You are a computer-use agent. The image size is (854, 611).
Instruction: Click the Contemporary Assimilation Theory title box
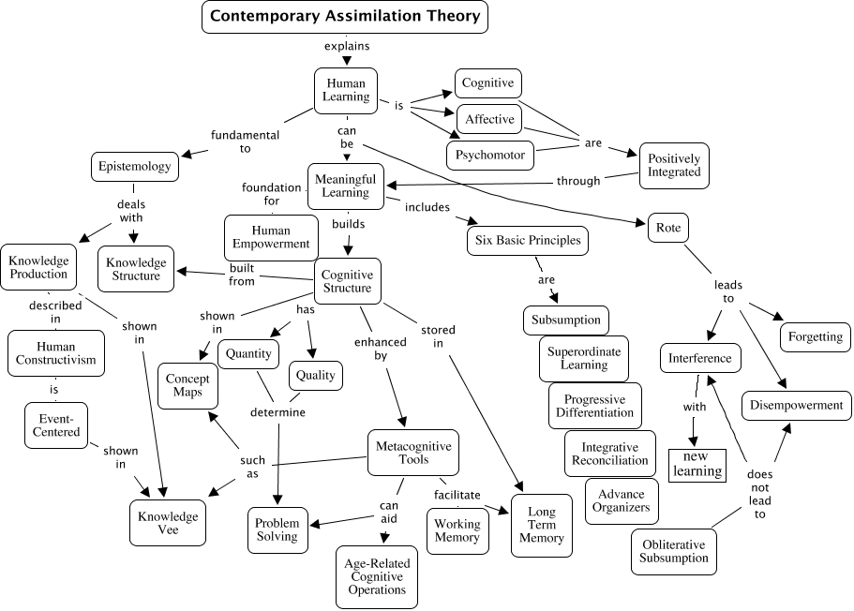point(345,16)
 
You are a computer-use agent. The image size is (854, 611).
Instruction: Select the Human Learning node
point(346,90)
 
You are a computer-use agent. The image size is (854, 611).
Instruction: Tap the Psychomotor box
point(490,155)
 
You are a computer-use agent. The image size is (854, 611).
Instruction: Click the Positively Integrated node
point(674,165)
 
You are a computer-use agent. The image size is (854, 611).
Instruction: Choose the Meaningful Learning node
point(344,186)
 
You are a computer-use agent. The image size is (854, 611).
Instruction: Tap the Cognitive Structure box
point(347,281)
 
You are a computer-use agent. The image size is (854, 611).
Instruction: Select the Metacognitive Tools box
point(413,453)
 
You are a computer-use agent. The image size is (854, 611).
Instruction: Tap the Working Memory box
point(457,530)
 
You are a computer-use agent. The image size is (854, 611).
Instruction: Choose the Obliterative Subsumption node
point(673,551)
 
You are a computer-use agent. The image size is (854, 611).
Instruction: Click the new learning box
point(697,463)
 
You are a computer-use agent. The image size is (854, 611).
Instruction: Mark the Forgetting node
point(815,336)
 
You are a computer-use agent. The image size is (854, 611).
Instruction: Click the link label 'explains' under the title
point(347,45)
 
